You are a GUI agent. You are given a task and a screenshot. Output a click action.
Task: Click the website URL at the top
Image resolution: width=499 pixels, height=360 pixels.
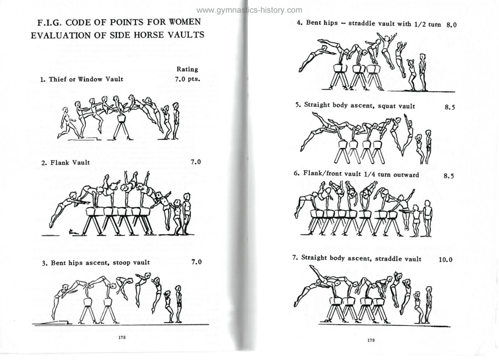tap(249, 10)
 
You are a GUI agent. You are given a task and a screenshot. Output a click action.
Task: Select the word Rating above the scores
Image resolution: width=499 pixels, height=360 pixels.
tap(187, 70)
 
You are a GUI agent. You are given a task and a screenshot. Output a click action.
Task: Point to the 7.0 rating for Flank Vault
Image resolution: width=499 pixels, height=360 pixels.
tap(195, 162)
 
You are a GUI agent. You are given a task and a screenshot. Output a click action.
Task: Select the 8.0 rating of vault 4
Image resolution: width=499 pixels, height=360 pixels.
tap(451, 25)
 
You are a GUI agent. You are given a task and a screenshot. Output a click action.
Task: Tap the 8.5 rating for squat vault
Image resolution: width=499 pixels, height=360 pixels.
tap(450, 107)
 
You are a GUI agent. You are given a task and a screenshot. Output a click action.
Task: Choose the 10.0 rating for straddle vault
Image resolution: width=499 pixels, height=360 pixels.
tap(445, 259)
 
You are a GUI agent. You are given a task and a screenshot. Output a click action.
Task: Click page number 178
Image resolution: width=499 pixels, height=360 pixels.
tap(122, 338)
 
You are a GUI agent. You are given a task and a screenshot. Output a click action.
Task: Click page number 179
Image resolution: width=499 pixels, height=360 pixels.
tap(371, 340)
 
